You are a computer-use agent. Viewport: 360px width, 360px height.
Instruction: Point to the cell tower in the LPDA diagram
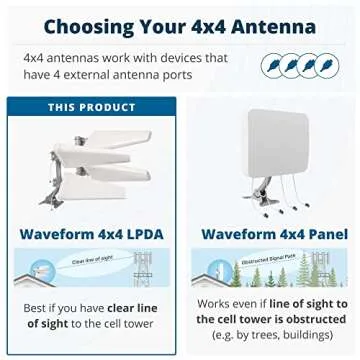(140, 270)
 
